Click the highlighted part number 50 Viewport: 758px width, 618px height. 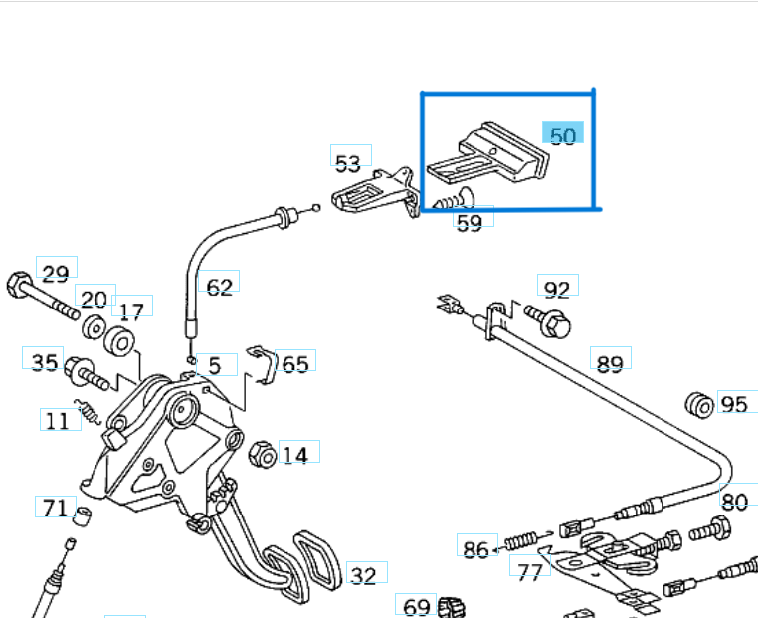point(563,135)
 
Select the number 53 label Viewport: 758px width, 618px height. point(348,162)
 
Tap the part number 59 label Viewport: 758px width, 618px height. point(469,222)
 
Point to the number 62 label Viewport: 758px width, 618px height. point(219,287)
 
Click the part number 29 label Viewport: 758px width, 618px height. point(55,273)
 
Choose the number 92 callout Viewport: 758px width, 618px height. point(557,289)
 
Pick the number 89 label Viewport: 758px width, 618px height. point(610,362)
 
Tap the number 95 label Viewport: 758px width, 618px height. point(734,404)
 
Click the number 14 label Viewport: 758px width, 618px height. point(295,456)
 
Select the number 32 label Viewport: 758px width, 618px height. point(364,575)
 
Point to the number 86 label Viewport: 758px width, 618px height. point(476,548)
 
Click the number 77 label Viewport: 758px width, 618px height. point(529,571)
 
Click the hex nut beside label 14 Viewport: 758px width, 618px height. point(263,455)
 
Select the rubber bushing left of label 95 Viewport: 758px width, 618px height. point(699,404)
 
